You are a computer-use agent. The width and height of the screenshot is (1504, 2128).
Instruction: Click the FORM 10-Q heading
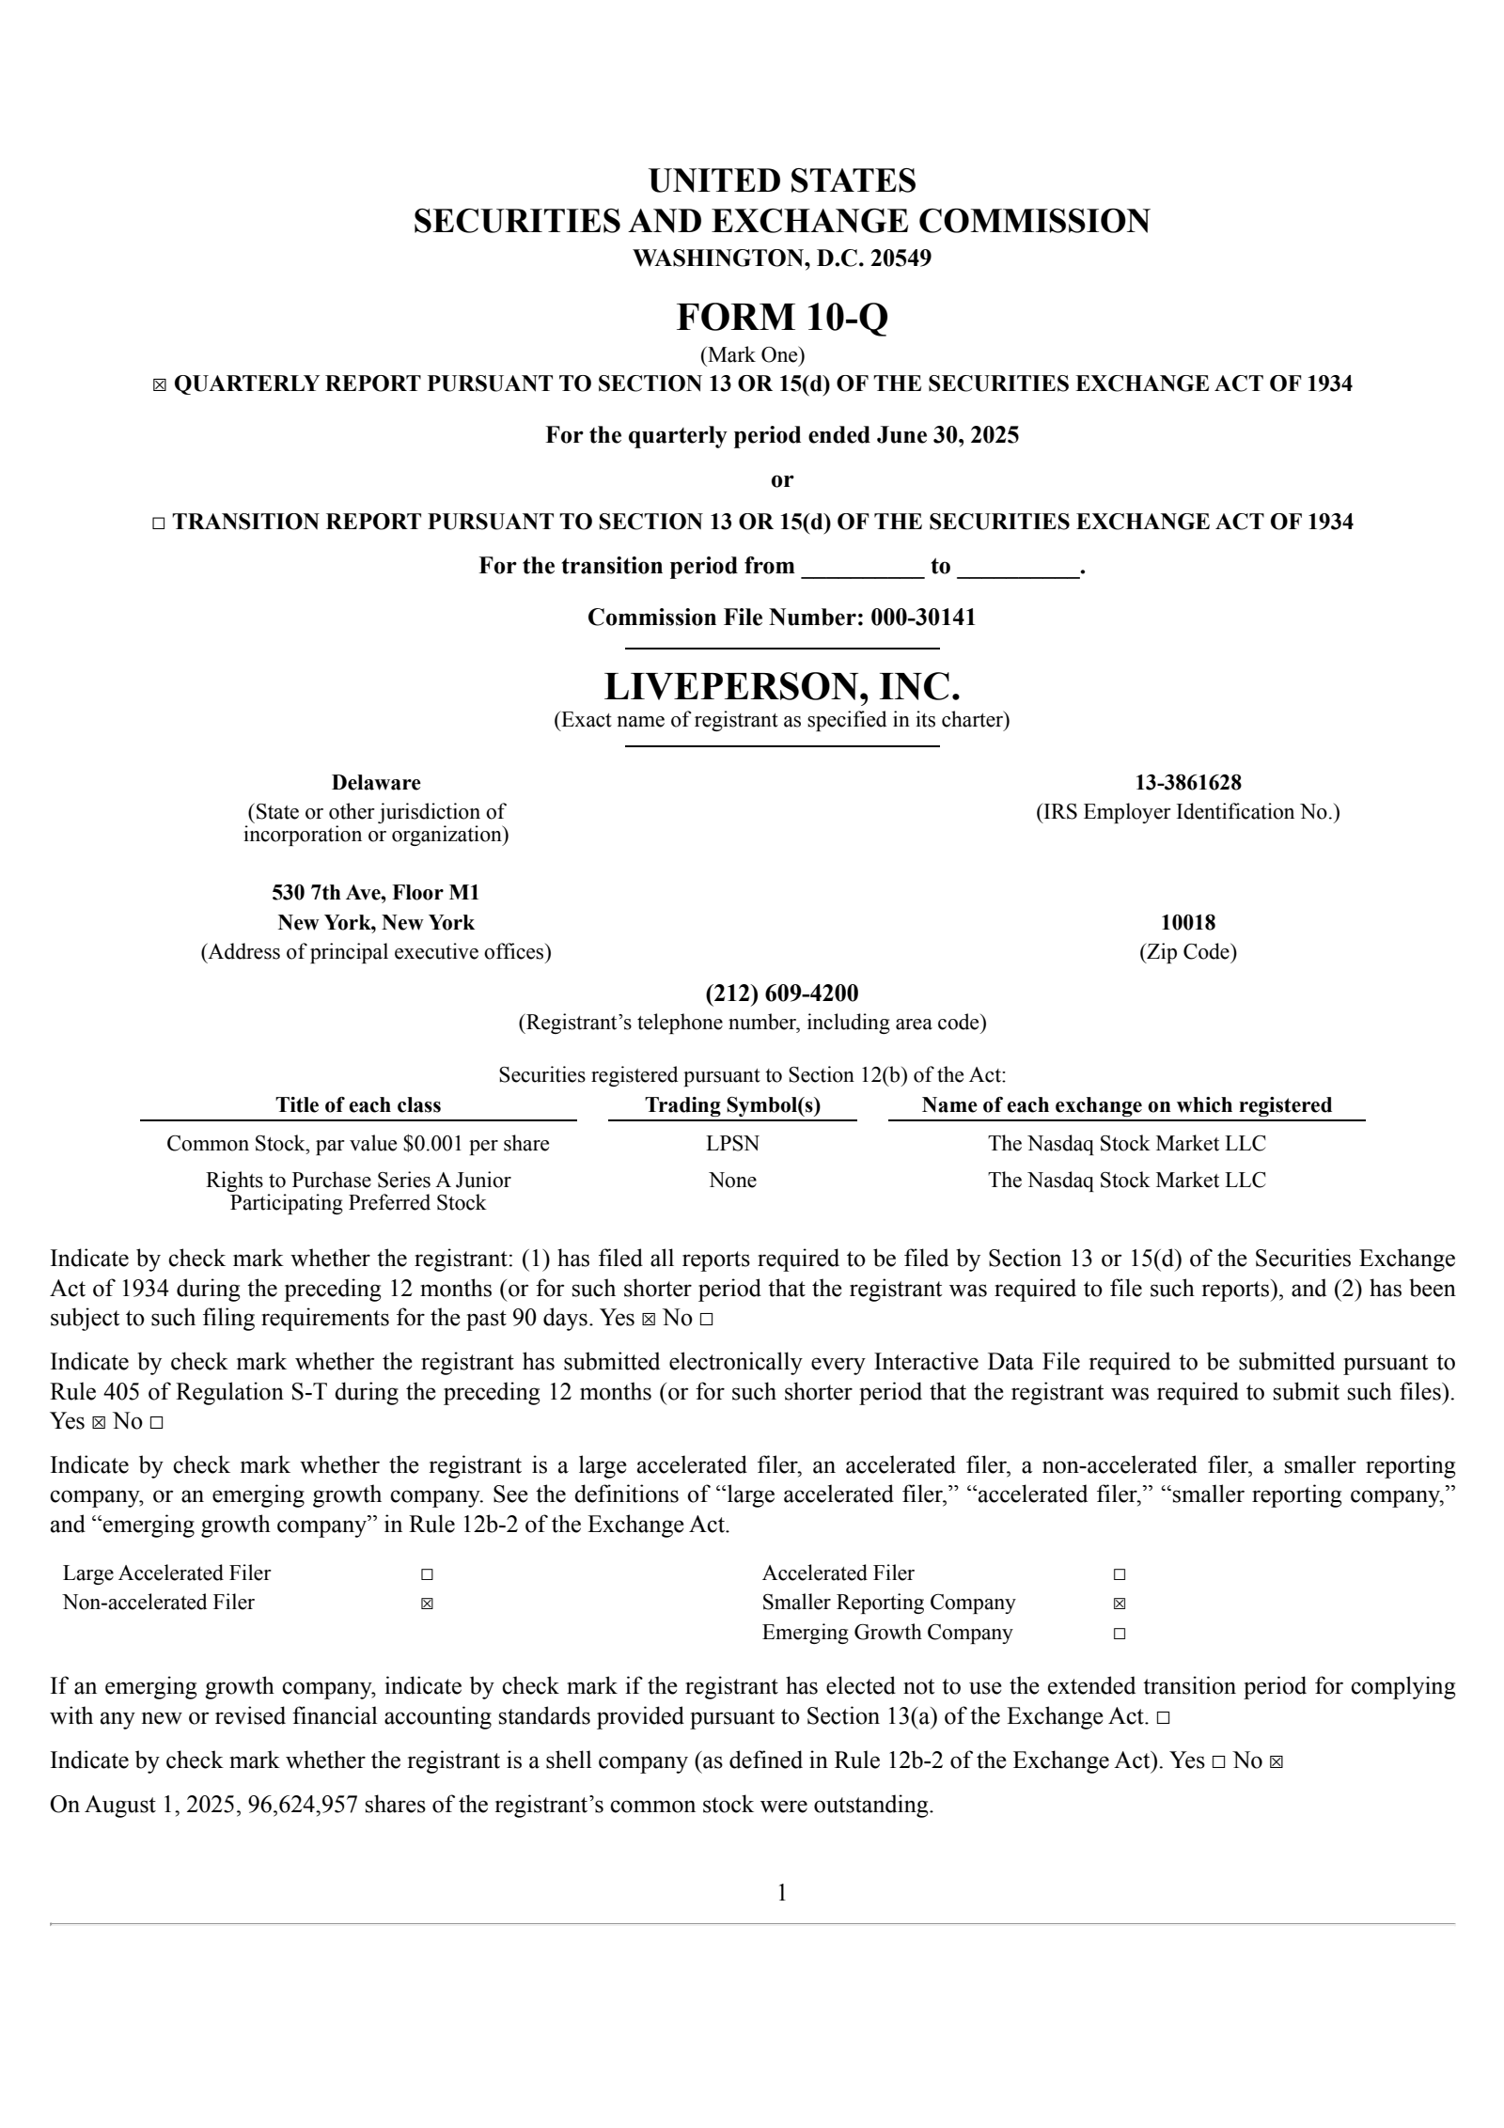(781, 318)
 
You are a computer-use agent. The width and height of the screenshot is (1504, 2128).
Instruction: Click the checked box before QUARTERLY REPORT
(159, 384)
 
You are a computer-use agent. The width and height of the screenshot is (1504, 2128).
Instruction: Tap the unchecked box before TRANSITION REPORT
(158, 524)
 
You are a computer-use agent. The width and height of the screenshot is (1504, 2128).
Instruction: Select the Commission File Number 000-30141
(922, 618)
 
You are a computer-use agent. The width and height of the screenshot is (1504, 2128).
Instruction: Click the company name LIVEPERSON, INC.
(781, 687)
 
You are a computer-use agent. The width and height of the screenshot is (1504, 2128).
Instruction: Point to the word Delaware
(376, 783)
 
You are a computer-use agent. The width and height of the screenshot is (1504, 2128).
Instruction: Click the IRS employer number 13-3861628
(1187, 783)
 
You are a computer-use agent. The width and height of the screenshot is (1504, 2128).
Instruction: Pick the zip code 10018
(1187, 923)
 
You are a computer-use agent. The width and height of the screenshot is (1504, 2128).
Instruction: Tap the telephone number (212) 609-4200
(781, 994)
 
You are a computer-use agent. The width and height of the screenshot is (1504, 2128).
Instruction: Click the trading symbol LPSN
(732, 1144)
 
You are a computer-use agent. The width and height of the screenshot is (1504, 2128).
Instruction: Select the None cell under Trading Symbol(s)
(732, 1181)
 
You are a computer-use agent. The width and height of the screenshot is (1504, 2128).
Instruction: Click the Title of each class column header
(357, 1105)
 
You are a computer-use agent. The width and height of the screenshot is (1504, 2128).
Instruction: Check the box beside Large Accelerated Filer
(427, 1574)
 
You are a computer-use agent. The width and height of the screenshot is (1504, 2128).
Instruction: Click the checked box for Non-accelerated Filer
(427, 1604)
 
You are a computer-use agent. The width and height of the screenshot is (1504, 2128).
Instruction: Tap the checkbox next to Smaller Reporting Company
(1119, 1604)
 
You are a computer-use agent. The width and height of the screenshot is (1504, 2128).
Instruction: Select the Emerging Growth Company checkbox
(1119, 1634)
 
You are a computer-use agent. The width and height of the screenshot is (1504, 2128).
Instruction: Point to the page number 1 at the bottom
(781, 1893)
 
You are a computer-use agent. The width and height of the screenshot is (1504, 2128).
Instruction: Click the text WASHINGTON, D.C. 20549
(781, 258)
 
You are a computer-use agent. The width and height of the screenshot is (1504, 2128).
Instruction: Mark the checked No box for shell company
(1276, 1761)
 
